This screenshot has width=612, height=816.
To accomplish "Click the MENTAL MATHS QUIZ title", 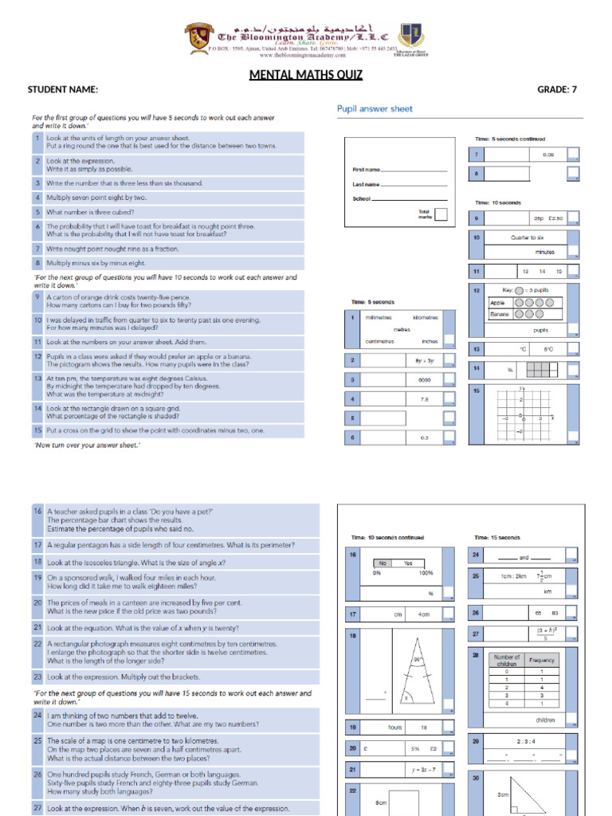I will coord(306,76).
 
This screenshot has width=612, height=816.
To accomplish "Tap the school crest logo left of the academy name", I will coord(198,37).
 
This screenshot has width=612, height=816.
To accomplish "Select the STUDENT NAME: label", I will coord(63,89).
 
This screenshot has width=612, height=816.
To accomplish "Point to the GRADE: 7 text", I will coord(557,89).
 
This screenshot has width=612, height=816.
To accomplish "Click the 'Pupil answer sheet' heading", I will coord(375,108).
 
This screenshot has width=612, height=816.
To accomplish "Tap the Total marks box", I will coord(441,214).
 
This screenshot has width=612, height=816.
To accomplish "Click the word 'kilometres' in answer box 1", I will coord(425,317).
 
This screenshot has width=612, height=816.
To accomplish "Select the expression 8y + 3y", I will coord(423,360).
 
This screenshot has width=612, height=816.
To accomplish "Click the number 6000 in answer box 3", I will coord(424,379).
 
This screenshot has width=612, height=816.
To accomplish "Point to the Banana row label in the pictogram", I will coord(498,314).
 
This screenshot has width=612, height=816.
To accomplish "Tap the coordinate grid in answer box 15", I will coord(521,414).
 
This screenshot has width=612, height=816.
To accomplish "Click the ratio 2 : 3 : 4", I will coord(524,741).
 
